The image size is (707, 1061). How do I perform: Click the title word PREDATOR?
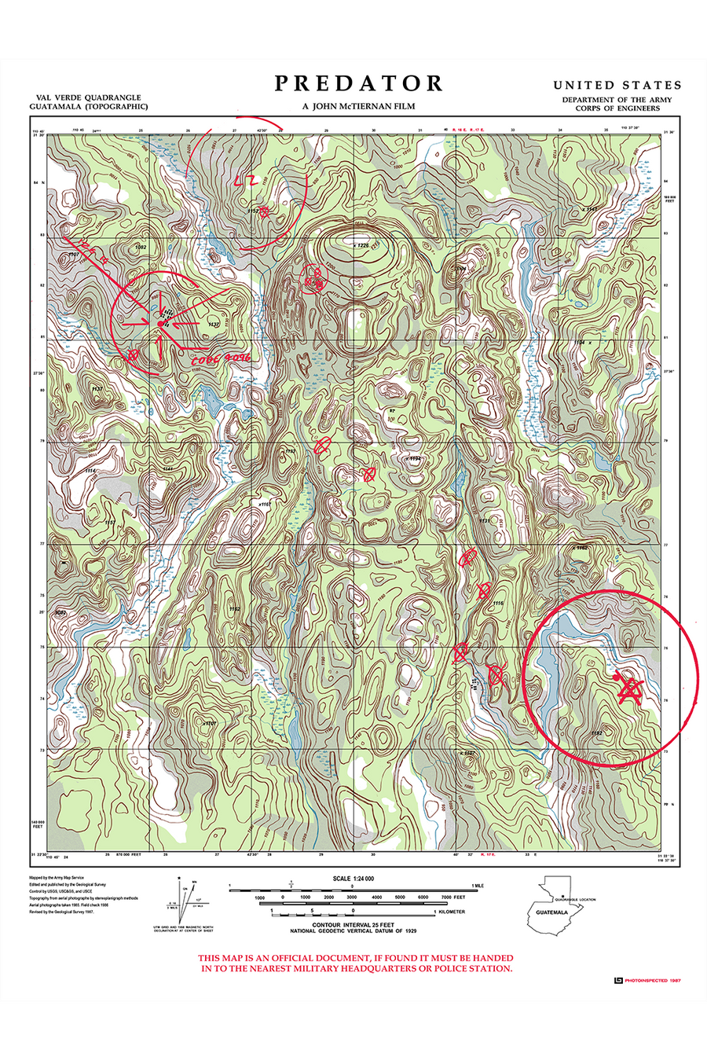[359, 83]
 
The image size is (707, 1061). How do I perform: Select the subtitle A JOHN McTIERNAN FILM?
[359, 106]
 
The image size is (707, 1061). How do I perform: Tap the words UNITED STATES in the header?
[617, 85]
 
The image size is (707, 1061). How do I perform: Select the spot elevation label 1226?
[361, 245]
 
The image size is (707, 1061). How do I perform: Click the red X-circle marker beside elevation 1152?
[265, 210]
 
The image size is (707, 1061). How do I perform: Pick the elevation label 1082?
[141, 247]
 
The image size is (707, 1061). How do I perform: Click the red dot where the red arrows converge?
[160, 324]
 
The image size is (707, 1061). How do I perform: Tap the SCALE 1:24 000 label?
[353, 879]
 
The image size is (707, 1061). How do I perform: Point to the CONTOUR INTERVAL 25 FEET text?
[353, 925]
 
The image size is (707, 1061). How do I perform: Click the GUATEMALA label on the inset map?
[551, 912]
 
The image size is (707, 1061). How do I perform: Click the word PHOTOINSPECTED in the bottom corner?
[647, 980]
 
